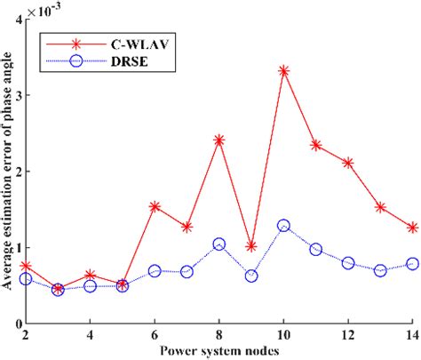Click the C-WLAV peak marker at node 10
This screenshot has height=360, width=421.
coord(283,70)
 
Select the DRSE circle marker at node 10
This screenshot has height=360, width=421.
coord(283,226)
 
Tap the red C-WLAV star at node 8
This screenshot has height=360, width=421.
coord(218,140)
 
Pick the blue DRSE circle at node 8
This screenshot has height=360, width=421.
coord(218,244)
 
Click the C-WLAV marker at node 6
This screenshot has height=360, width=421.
coord(155,206)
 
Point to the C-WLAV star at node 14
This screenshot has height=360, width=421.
coord(412,228)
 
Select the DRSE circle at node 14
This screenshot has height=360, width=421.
coord(412,263)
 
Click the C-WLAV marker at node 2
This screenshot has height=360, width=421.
coord(26,266)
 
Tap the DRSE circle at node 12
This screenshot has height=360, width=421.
coord(348,263)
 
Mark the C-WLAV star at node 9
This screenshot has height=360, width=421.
coord(251,246)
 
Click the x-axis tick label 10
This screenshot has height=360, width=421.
coord(283,337)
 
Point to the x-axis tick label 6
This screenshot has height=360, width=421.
coord(155,337)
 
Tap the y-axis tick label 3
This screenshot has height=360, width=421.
coord(15,94)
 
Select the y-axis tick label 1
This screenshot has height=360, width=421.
coord(15,248)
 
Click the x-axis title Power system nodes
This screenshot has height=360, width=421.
coord(218,351)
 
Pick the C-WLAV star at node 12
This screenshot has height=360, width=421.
coord(348,163)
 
